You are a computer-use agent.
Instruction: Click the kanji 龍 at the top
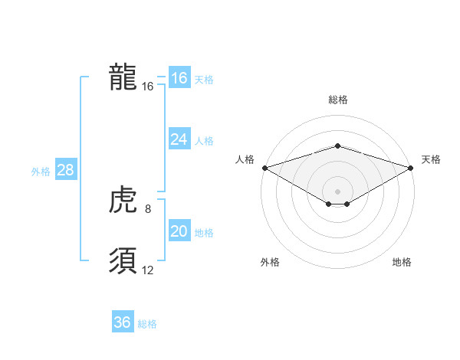(123, 77)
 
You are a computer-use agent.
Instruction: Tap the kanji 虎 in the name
(123, 201)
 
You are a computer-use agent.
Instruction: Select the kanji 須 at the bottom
(123, 261)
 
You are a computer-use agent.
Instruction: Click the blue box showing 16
(179, 78)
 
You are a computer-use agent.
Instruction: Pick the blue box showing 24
(179, 139)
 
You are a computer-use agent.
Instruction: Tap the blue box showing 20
(179, 232)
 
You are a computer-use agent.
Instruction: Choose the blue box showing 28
(65, 170)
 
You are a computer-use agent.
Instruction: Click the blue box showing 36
(123, 322)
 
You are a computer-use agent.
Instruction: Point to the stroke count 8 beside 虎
(147, 208)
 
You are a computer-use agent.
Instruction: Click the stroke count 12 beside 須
(148, 270)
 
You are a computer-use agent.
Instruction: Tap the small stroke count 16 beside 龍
(148, 87)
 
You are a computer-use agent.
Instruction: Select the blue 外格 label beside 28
(41, 172)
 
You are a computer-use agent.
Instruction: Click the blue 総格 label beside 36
(147, 324)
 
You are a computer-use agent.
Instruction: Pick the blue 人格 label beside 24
(204, 141)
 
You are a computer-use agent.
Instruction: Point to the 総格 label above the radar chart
(337, 100)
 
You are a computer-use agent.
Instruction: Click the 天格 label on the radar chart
(431, 159)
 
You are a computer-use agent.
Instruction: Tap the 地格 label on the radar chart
(402, 262)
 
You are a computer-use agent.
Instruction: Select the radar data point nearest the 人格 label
(264, 168)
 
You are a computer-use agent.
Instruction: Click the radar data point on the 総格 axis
(337, 146)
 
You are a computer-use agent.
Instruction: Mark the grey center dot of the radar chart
(337, 191)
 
